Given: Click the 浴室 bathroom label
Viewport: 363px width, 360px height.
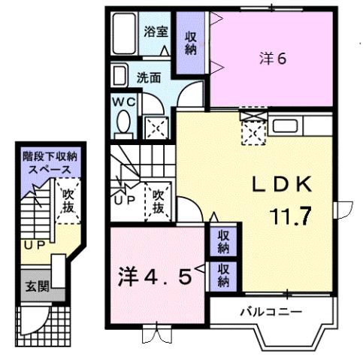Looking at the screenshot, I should tap(156, 33).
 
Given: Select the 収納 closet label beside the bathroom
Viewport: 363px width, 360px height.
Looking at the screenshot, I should tap(191, 43).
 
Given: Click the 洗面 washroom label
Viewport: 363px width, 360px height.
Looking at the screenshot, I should tap(149, 77).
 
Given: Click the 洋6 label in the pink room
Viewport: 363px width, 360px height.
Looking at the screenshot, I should tap(273, 59).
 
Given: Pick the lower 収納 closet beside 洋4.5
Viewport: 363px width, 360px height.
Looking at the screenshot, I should tap(223, 276).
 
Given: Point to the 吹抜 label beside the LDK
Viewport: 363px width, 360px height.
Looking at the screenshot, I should tap(159, 201).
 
